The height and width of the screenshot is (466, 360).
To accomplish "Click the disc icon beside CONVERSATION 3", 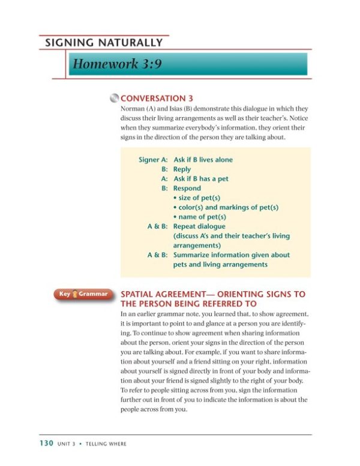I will tap(114, 98).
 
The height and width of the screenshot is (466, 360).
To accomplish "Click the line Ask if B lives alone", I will tap(203, 160).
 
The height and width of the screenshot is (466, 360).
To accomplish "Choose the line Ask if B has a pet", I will tap(200, 179).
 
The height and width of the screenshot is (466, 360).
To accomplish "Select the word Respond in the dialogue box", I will tap(187, 188).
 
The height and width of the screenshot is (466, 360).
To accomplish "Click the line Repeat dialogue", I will tap(199, 226).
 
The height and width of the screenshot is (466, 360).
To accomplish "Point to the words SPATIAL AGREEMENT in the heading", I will tap(163, 294).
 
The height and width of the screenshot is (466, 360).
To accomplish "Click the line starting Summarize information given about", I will tap(231, 255).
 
